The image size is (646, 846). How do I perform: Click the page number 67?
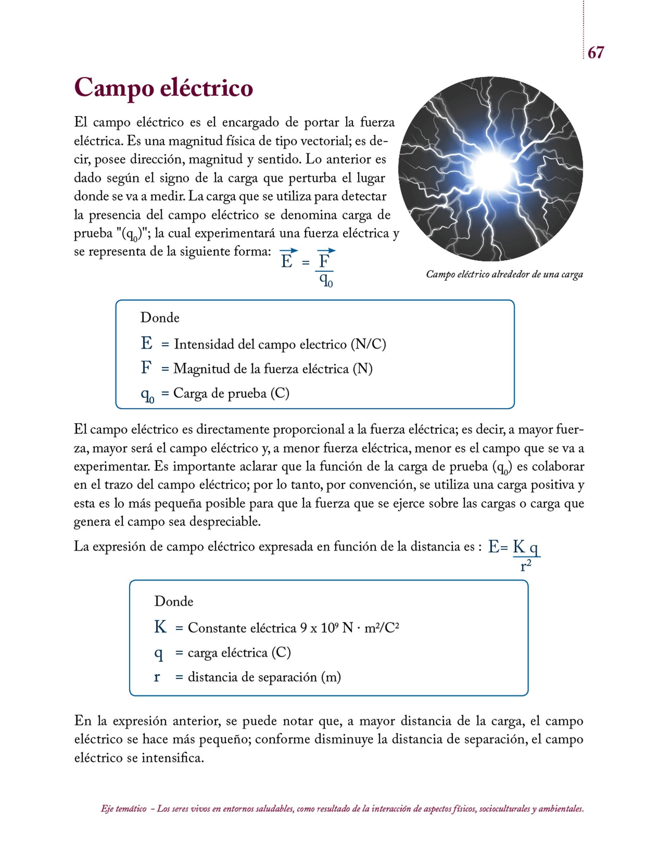[595, 52]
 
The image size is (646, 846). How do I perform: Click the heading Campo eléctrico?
[163, 88]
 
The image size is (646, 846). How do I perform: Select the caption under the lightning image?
[504, 274]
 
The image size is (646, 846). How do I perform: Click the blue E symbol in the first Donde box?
[147, 343]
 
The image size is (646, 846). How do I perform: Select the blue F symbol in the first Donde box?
[146, 368]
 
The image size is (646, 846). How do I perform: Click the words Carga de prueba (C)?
[231, 393]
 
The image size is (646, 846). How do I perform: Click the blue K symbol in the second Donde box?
[160, 627]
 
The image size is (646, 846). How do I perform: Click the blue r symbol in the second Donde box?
[157, 677]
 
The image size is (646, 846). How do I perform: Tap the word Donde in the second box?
[173, 601]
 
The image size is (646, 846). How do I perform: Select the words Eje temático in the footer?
[123, 809]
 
